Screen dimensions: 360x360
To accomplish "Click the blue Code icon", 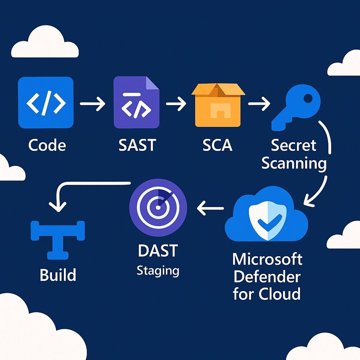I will click(46, 103).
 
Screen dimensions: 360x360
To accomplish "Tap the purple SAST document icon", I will click(136, 103).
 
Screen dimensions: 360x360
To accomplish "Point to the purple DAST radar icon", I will click(158, 208).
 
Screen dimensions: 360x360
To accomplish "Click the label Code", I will click(47, 145).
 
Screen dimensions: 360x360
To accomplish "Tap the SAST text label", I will click(137, 145).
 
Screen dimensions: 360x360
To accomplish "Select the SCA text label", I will click(218, 145).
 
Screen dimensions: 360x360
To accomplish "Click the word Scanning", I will click(294, 164).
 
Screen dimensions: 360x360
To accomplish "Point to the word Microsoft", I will click(267, 259).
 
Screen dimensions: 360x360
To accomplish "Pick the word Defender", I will click(267, 277).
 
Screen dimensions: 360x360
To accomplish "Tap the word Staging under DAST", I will click(158, 271).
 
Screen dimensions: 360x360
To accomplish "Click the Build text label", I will click(58, 275).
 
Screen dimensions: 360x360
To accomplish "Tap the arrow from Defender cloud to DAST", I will click(210, 208).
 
